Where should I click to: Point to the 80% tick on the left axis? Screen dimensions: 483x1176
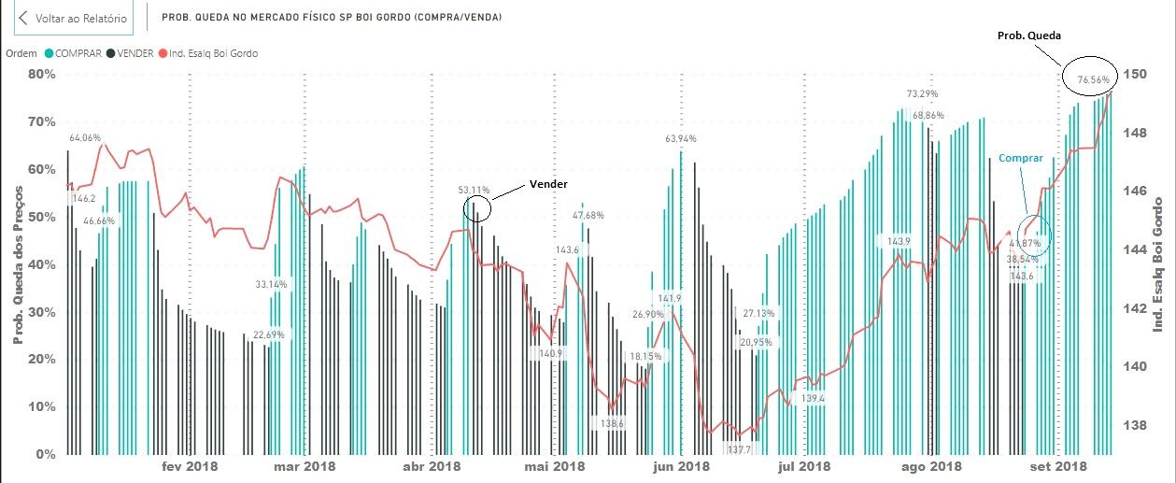[42, 74]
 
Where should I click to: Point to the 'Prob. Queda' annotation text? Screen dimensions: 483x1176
[1027, 36]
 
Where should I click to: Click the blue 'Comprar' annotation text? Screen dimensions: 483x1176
[1020, 159]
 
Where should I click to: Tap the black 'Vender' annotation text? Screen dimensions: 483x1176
[548, 184]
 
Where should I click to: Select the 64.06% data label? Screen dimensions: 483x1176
[85, 137]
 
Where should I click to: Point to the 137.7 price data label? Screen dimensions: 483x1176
[740, 449]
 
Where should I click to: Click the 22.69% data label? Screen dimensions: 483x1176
[269, 334]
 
